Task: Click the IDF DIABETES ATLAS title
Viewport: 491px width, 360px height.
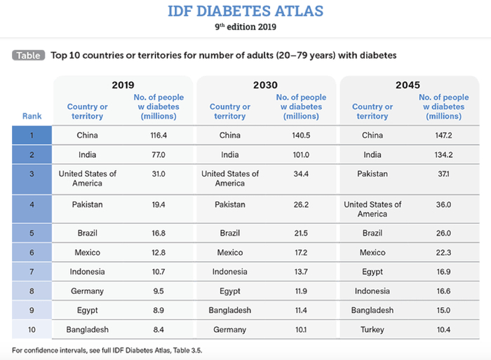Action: click(245, 11)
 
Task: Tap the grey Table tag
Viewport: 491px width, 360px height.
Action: click(28, 55)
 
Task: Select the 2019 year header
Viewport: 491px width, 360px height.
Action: click(123, 85)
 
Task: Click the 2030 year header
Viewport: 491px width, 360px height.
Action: click(265, 85)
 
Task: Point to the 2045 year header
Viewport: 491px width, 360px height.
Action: click(408, 85)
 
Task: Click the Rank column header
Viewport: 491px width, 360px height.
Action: click(32, 116)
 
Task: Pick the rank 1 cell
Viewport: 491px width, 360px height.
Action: click(32, 135)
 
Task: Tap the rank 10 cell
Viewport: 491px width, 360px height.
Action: click(32, 329)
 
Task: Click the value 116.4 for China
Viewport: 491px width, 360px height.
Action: click(157, 135)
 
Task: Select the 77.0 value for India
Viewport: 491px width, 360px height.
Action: click(157, 154)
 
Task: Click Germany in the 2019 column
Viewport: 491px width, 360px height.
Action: click(87, 291)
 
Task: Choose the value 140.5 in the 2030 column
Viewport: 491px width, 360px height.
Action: click(300, 135)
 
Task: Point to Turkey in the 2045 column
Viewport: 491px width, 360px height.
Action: click(372, 329)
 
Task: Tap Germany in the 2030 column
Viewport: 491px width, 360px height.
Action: click(229, 329)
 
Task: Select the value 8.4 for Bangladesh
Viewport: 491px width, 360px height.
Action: click(157, 329)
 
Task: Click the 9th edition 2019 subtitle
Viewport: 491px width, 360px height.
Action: click(245, 27)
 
